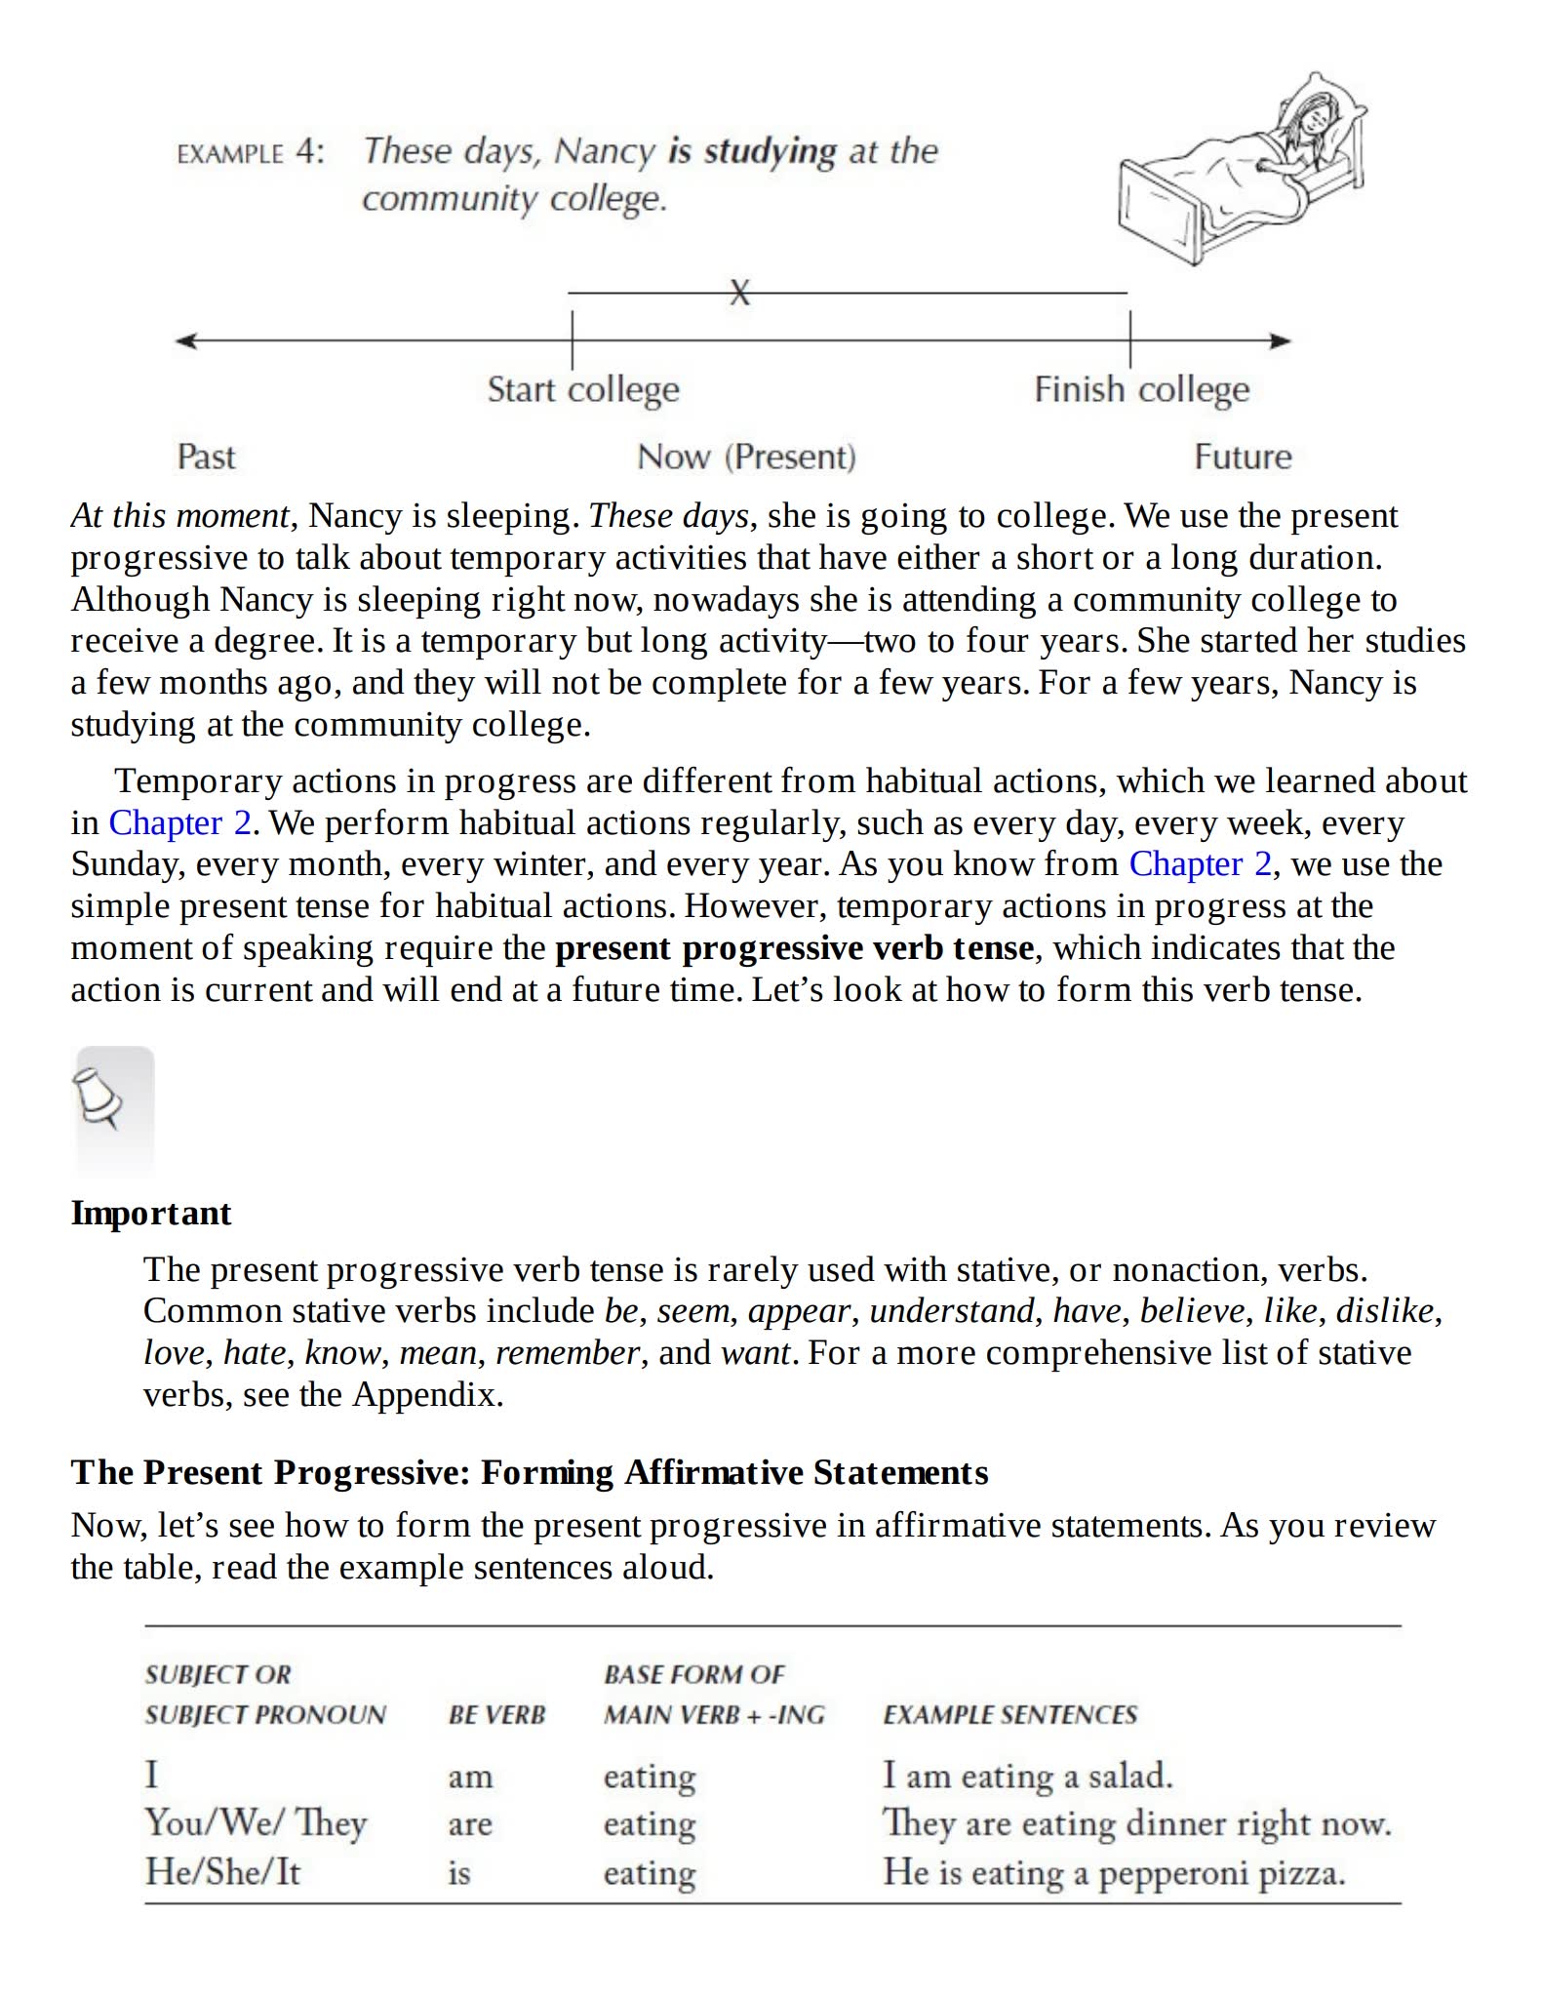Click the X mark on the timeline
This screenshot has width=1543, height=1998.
click(740, 292)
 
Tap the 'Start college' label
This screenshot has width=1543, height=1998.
click(583, 389)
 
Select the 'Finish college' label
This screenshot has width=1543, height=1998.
click(1141, 389)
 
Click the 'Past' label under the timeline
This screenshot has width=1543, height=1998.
click(206, 457)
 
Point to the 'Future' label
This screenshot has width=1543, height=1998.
click(1243, 457)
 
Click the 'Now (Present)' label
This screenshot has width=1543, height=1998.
click(746, 457)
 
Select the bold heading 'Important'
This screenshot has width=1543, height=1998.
click(151, 1213)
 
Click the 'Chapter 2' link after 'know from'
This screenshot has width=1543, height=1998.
click(1200, 864)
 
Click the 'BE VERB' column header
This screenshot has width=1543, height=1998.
click(496, 1715)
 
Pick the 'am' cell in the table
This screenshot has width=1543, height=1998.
click(470, 1776)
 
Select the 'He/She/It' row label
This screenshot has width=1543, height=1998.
click(222, 1871)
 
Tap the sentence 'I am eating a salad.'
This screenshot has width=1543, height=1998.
click(1027, 1775)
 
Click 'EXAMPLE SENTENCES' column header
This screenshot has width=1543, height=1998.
click(1009, 1715)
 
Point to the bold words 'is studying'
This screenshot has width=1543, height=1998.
click(752, 151)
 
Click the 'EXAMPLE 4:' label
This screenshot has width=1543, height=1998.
click(250, 153)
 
